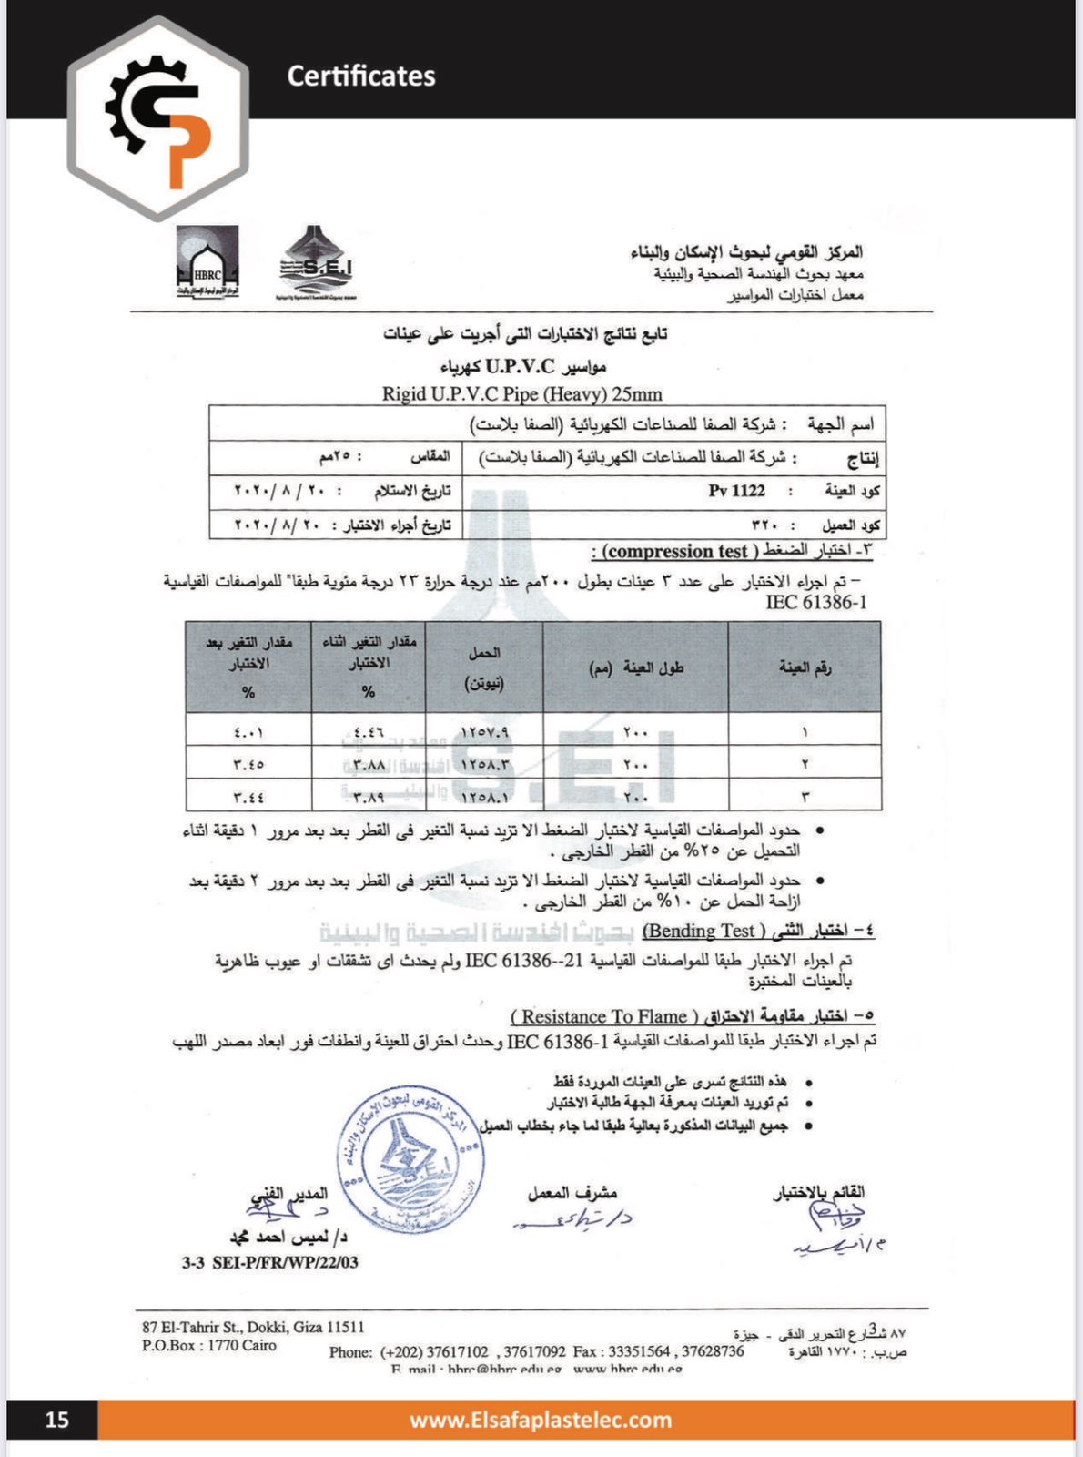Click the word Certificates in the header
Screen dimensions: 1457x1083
[x=361, y=76]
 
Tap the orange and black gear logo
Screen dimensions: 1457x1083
[x=158, y=119]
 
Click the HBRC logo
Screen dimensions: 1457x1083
[x=207, y=262]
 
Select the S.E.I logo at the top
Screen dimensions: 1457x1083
[x=316, y=262]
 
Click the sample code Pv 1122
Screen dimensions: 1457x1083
[x=736, y=491]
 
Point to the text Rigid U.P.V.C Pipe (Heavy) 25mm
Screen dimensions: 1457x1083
[x=521, y=394]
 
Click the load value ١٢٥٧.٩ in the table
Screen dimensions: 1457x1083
[x=484, y=731]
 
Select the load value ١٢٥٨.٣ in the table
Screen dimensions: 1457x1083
[x=484, y=764]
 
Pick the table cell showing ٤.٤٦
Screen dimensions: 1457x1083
[x=369, y=731]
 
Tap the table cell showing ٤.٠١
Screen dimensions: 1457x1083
[x=248, y=731]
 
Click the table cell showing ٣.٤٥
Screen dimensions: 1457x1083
[x=248, y=764]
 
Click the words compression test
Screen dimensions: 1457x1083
[x=678, y=551]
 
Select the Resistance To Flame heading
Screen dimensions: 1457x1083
[x=605, y=1016]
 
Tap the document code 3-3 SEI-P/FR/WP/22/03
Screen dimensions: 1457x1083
[x=269, y=1262]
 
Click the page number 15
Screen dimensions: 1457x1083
[x=56, y=1419]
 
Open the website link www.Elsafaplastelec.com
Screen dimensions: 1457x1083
[x=541, y=1420]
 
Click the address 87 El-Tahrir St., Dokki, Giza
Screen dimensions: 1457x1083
[x=252, y=1327]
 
